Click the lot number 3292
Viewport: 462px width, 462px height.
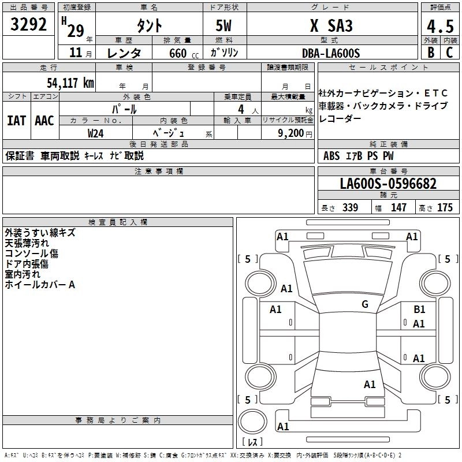pos(29,26)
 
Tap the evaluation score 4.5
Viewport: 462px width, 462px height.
pos(439,27)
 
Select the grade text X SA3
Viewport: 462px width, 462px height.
pos(331,26)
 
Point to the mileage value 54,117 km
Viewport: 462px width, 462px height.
pos(70,83)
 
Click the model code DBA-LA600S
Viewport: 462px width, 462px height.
pos(331,53)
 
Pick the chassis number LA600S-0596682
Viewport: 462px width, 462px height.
pos(388,184)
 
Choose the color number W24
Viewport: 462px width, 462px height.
pos(96,133)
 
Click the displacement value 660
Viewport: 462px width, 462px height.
pos(177,53)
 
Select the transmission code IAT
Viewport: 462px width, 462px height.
pos(17,121)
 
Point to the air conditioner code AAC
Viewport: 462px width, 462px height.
pos(44,121)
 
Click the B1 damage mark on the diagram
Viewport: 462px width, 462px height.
pos(419,310)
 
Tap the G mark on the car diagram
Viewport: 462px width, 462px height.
pos(365,304)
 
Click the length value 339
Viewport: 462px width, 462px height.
pos(349,208)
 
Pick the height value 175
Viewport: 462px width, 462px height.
pos(445,208)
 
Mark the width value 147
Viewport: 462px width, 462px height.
pos(398,208)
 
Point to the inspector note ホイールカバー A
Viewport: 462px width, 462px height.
pos(40,285)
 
